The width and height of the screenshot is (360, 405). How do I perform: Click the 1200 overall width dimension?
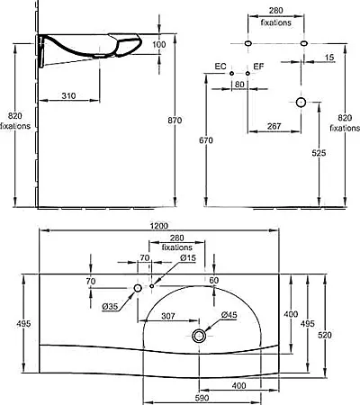coord(159,226)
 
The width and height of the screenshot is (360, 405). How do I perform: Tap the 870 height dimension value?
coord(175,121)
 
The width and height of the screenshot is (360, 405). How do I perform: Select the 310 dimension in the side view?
coord(68,96)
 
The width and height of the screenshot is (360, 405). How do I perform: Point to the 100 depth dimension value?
coord(159,44)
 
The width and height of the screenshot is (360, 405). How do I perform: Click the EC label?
coord(220,67)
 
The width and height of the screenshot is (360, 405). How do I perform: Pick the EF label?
coord(258,67)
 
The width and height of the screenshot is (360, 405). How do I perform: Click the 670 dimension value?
coord(206,140)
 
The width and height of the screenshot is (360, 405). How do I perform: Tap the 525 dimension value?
coord(319,153)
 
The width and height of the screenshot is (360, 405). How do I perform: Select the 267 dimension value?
coord(274,126)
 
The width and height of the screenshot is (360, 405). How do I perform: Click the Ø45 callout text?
coord(229,315)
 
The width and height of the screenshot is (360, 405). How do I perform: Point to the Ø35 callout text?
coord(110,307)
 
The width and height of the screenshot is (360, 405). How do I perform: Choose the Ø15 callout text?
coord(188,257)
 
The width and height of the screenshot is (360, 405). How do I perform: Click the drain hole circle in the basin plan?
coord(199,336)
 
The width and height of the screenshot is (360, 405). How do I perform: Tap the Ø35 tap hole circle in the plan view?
coord(138,288)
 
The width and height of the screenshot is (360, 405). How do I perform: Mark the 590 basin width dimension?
coord(202,398)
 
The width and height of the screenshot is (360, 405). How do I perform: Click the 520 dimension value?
coord(325,335)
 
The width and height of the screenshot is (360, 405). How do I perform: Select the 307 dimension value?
coord(168,316)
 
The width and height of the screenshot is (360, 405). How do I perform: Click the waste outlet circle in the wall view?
coord(301,103)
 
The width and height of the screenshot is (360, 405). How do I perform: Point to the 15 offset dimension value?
coord(329,58)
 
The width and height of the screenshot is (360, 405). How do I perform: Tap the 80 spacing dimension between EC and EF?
coord(239,85)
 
